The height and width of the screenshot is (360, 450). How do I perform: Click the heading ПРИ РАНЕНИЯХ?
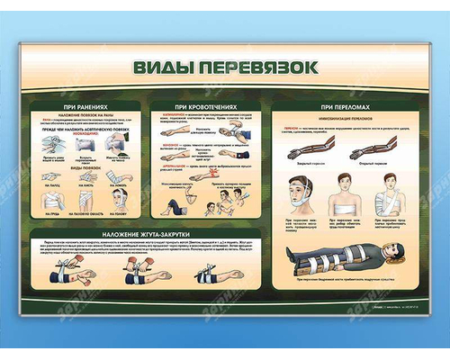tap(88, 106)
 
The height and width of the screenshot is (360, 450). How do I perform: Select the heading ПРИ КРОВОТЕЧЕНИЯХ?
tap(209, 106)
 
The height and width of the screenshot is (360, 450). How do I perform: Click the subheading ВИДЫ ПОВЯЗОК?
tap(88, 168)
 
